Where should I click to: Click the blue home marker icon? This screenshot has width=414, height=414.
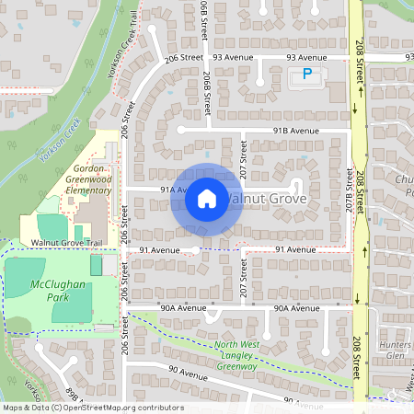[x=207, y=198]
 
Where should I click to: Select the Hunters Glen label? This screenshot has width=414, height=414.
[x=395, y=349]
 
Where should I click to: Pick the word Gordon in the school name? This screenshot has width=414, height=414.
[x=92, y=171]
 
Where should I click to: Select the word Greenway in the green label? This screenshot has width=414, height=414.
[x=237, y=366]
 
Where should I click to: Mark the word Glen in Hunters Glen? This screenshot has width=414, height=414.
[x=396, y=355]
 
